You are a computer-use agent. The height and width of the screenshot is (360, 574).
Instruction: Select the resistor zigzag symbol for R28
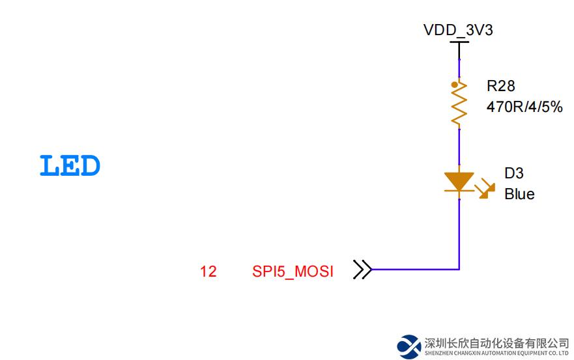[459, 104]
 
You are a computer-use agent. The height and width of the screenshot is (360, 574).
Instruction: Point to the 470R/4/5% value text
[524, 107]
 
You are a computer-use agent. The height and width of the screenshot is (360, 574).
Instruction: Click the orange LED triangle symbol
[459, 182]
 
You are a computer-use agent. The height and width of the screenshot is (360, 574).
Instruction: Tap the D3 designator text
[513, 173]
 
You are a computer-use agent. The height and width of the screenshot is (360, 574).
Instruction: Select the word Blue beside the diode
[519, 194]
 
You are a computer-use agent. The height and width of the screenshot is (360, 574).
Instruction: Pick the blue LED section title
[70, 167]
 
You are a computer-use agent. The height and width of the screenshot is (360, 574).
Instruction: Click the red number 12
[208, 271]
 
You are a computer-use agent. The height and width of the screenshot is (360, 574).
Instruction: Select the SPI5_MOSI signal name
[293, 271]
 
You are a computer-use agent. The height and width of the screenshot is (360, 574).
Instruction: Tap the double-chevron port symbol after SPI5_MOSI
[362, 269]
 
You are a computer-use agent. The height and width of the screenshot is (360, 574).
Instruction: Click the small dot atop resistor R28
[453, 85]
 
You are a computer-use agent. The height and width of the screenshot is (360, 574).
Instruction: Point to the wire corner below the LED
[459, 268]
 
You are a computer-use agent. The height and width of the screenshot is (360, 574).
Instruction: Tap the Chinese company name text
[496, 343]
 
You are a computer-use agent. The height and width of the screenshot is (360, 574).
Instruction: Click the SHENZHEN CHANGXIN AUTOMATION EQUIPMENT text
[496, 353]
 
